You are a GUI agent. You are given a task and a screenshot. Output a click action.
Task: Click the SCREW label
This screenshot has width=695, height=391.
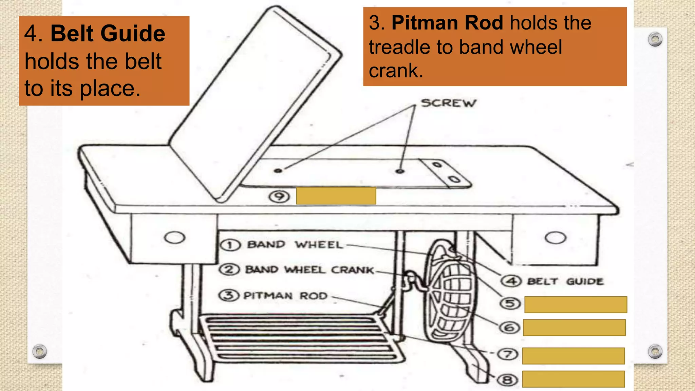(x=449, y=103)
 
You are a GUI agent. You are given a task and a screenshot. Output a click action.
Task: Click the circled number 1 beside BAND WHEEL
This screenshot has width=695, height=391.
(x=230, y=245)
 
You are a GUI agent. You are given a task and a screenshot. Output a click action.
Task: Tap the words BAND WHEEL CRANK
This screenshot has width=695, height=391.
(x=309, y=270)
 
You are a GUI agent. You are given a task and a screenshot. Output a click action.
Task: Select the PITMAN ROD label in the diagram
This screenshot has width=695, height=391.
(x=285, y=296)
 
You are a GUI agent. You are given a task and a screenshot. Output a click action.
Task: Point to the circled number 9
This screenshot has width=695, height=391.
(x=279, y=197)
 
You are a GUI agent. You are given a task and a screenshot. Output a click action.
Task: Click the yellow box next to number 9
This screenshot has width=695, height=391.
(x=336, y=196)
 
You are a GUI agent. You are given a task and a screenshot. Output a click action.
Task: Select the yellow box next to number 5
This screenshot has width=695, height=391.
(x=576, y=304)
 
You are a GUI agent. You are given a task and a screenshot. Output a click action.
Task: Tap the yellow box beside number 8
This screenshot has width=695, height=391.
(x=573, y=379)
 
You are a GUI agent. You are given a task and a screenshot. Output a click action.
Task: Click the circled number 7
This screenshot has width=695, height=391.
(x=508, y=354)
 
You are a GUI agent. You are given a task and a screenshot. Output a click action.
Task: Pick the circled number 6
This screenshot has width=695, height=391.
(x=509, y=328)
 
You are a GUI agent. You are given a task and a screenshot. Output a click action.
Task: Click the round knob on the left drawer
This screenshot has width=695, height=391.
(x=174, y=237)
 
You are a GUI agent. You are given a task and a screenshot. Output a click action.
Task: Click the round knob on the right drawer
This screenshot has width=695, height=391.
(x=556, y=238)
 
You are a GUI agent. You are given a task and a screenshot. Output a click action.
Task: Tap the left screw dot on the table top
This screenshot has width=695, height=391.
(x=278, y=170)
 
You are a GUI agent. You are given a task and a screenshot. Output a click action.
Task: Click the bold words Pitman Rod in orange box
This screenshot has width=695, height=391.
(x=447, y=23)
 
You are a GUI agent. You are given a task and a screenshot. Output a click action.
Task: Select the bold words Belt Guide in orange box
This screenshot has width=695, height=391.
(x=108, y=34)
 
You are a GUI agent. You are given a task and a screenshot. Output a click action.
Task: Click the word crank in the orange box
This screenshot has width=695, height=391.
(x=396, y=71)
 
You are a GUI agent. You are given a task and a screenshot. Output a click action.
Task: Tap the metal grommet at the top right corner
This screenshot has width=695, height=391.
(x=655, y=39)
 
